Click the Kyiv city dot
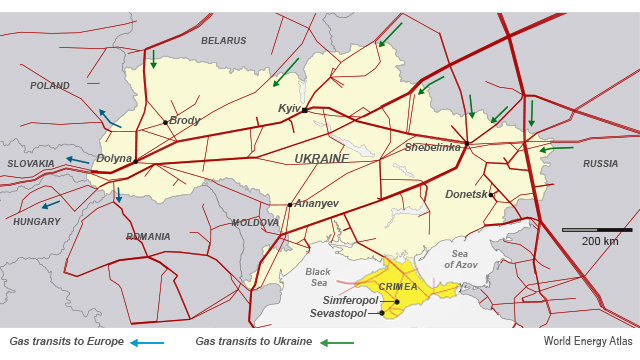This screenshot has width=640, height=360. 304,110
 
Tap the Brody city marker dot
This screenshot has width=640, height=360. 166,122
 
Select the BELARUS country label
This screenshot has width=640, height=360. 223,41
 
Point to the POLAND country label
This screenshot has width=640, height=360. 50,86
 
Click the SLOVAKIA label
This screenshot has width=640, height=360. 31,163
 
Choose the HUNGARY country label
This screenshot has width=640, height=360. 37,221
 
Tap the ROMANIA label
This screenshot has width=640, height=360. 149,237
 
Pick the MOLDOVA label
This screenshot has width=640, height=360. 255,223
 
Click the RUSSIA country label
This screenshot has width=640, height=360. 600,163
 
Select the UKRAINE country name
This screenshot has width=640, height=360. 322,159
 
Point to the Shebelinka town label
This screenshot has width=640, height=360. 433,147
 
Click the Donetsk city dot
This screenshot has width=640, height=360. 491,194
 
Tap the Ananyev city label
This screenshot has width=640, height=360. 316,204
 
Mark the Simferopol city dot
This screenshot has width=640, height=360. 397,301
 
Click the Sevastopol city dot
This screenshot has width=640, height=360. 382,313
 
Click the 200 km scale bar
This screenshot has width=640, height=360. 597,230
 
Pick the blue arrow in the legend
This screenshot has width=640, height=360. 147,343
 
